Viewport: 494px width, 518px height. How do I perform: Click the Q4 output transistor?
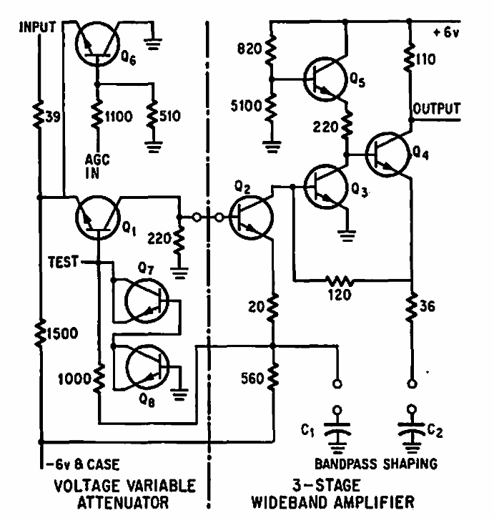(389, 153)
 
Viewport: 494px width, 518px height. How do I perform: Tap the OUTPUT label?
(436, 109)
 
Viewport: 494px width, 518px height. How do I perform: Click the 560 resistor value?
(244, 381)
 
